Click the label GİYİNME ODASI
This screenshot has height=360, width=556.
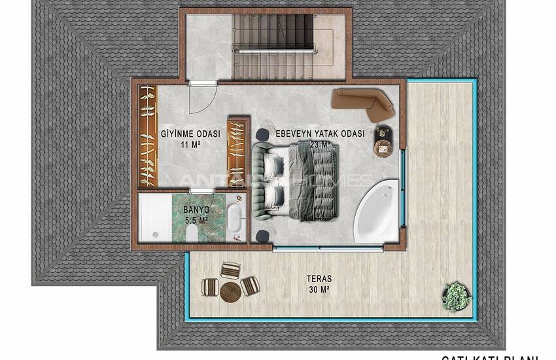(190, 134)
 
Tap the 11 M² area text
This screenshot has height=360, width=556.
(191, 145)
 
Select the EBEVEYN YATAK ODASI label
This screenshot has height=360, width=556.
(319, 133)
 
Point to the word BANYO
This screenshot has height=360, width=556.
(196, 209)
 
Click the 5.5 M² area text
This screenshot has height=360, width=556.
(196, 220)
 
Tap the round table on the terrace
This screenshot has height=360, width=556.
(230, 291)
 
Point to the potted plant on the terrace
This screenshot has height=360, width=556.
(457, 293)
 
